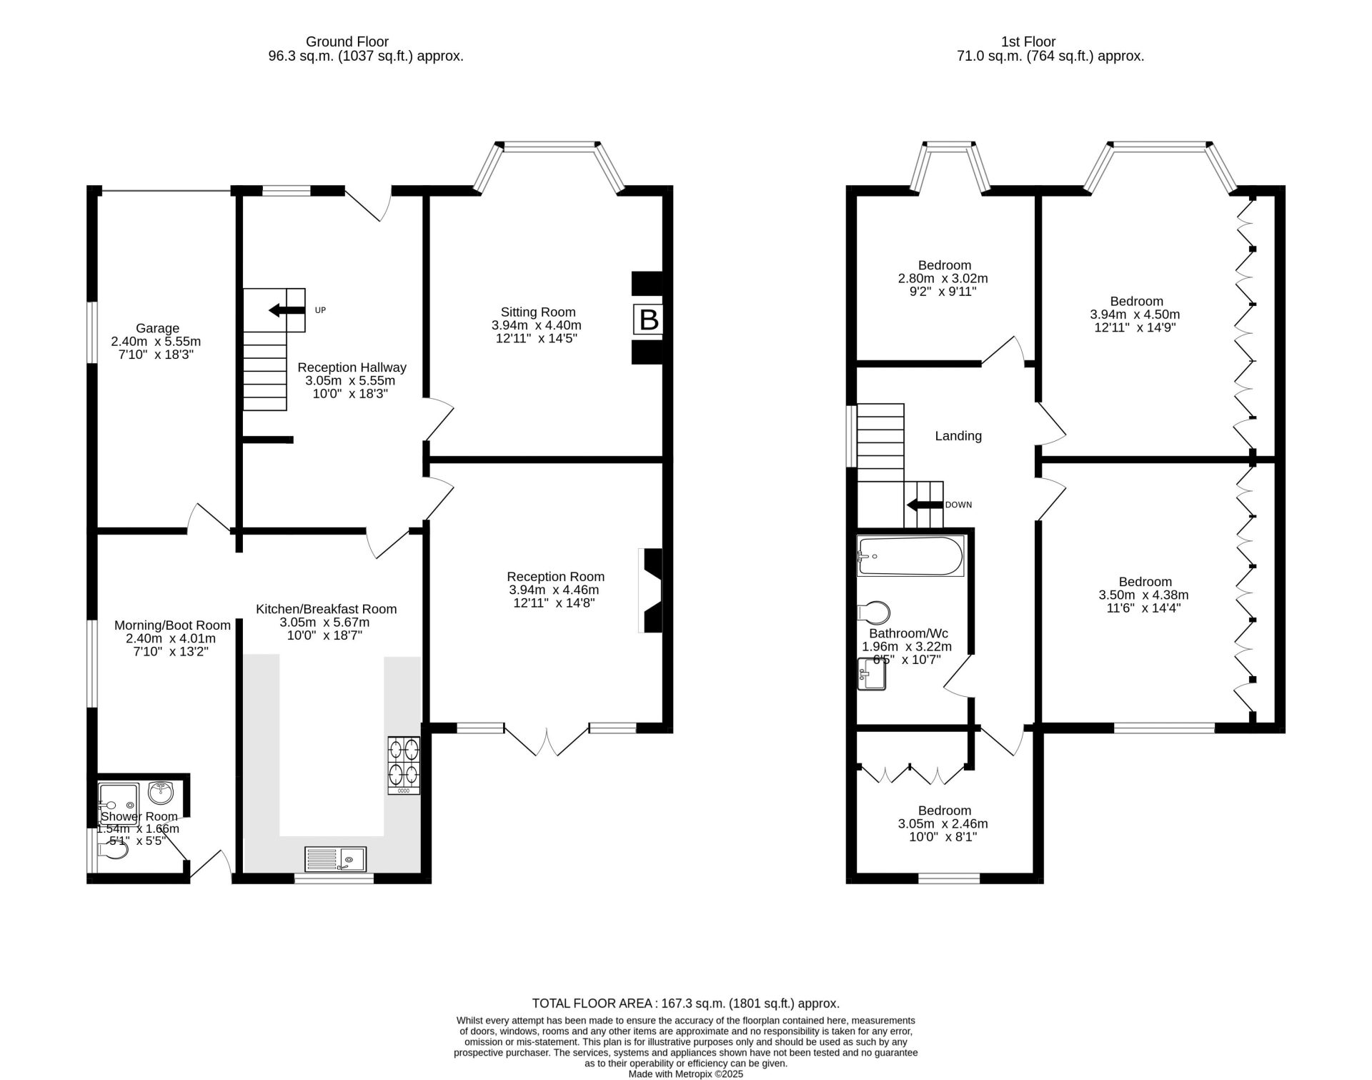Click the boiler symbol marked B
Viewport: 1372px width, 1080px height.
[648, 319]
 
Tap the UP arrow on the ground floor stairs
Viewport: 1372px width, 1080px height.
[285, 310]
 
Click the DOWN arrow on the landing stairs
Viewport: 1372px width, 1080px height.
[924, 505]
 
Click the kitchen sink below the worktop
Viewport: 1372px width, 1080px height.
[335, 858]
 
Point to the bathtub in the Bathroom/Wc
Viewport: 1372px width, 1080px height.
[910, 556]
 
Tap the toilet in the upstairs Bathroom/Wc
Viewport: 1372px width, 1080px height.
[874, 613]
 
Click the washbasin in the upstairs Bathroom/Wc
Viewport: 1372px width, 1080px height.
[871, 673]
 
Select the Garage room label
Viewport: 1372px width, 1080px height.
[157, 329]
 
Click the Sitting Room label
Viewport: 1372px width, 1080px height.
[538, 312]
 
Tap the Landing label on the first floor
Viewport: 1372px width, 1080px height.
[958, 436]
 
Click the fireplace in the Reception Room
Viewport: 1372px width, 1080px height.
[651, 590]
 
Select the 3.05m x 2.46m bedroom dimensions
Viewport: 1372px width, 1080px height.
[943, 824]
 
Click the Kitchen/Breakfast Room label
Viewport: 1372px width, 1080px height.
[326, 609]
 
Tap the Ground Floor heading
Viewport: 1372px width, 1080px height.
[347, 41]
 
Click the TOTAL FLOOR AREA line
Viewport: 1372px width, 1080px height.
[686, 1004]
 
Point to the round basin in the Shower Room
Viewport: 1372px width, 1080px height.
[160, 792]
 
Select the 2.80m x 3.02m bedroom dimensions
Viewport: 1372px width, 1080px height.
[943, 279]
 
